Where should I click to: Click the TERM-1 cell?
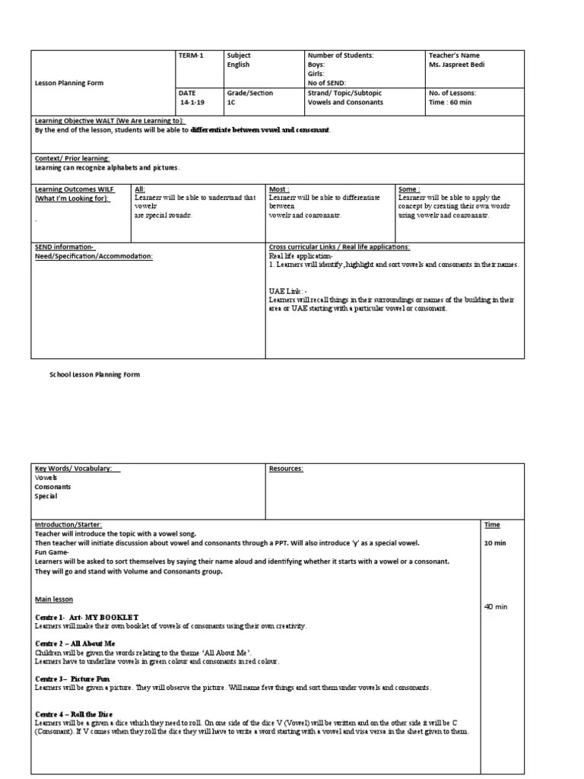[x=188, y=56]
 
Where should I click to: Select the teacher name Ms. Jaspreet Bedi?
[x=457, y=65]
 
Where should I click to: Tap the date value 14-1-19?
[x=192, y=103]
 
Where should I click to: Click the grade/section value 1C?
[x=231, y=103]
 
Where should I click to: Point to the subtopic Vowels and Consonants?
[x=340, y=103]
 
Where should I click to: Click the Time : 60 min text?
[x=450, y=103]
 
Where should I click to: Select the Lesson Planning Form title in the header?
[x=69, y=84]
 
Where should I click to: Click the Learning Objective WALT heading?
[x=109, y=121]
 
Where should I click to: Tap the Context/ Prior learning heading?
[x=73, y=158]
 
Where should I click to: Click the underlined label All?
[x=139, y=189]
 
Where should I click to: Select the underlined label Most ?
[x=278, y=189]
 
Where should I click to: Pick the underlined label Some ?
[x=409, y=189]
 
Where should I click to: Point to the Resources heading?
[x=286, y=469]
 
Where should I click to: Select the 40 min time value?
[x=496, y=606]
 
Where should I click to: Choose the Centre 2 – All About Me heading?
[x=75, y=644]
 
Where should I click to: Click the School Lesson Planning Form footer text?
[x=94, y=375]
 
